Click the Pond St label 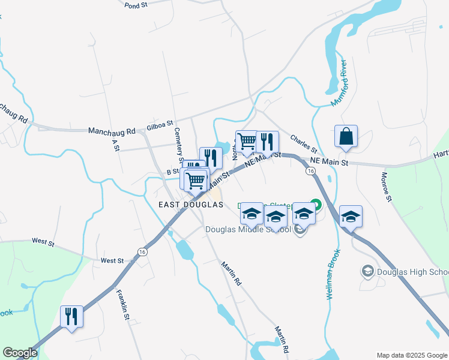coord(136,5)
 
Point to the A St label coord(115,145)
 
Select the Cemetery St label coord(178,145)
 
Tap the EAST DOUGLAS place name coord(191,205)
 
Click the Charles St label coord(303,143)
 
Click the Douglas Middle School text coord(248,229)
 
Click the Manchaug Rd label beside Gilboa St coord(112,130)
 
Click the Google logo coord(19,353)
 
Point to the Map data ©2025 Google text coord(412,355)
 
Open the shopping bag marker coord(346,137)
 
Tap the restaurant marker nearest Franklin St coord(71,316)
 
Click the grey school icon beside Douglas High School coord(366,272)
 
